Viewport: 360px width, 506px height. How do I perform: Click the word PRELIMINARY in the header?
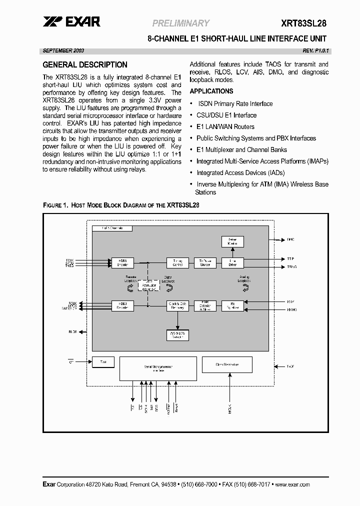click(180, 23)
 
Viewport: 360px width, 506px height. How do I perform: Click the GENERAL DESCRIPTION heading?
click(85, 65)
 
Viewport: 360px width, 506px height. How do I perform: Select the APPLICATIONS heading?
click(211, 91)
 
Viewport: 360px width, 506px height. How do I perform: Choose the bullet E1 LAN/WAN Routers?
click(225, 127)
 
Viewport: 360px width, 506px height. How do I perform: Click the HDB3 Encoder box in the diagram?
click(122, 262)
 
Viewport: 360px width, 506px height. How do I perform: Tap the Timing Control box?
click(177, 262)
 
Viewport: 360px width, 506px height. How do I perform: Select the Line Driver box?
click(232, 262)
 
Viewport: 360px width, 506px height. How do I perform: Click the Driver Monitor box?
click(232, 241)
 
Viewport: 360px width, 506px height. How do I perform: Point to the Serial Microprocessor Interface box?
click(158, 369)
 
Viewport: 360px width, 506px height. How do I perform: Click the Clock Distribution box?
click(227, 364)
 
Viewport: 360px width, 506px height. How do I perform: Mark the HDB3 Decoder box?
click(122, 305)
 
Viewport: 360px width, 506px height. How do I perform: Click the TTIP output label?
click(290, 259)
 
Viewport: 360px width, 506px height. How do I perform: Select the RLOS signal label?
click(73, 331)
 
